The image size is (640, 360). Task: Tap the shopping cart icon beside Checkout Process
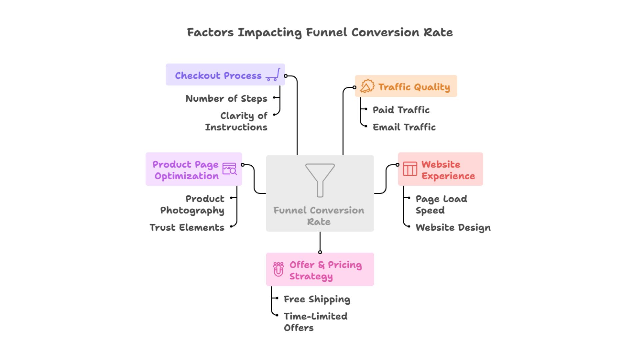[273, 75]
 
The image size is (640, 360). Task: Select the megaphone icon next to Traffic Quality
[367, 86]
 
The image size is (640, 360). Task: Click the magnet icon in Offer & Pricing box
[278, 269]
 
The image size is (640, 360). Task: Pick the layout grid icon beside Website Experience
[410, 169]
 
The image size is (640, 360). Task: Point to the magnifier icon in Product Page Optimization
[233, 171]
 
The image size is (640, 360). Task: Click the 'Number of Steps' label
[226, 99]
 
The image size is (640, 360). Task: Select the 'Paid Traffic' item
[401, 110]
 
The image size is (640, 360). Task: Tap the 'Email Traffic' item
[404, 127]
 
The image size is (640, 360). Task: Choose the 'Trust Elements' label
[187, 228]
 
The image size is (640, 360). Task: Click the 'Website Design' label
[453, 228]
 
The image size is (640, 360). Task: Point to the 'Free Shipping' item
[317, 299]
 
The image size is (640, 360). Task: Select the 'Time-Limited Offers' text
[315, 322]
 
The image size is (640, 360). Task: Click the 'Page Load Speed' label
[441, 204]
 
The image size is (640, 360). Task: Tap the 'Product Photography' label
[192, 204]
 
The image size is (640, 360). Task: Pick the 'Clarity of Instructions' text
[236, 121]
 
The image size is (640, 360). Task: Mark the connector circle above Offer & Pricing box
[320, 252]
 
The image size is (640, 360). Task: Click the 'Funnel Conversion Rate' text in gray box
[319, 216]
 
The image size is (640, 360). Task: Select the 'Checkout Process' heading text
[218, 76]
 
